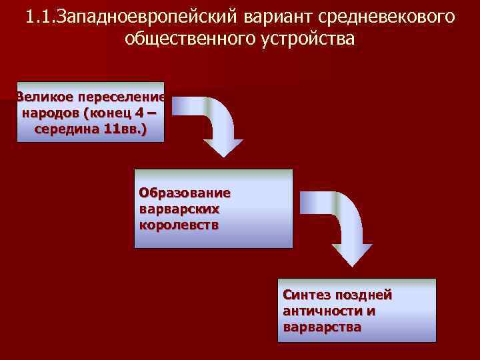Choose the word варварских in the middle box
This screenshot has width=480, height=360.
click(x=179, y=209)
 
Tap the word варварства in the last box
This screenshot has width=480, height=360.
click(x=322, y=327)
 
